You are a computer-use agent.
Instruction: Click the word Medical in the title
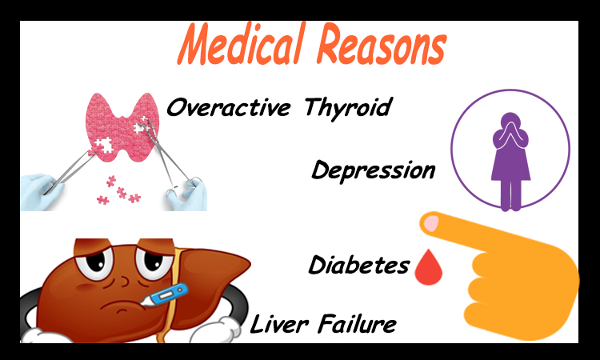242,44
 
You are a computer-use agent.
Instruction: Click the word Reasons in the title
382,45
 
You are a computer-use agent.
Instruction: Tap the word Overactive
229,107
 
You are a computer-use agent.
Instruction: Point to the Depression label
374,170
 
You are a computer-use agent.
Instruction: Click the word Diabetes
359,264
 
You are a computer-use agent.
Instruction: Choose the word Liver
279,324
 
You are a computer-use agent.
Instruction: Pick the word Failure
358,324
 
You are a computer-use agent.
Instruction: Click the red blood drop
429,267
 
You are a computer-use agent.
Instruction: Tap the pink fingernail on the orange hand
432,223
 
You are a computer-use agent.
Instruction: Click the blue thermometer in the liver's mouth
165,295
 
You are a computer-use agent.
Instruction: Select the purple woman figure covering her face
511,162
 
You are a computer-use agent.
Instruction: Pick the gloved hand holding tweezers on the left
42,192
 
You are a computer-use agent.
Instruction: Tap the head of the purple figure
511,121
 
